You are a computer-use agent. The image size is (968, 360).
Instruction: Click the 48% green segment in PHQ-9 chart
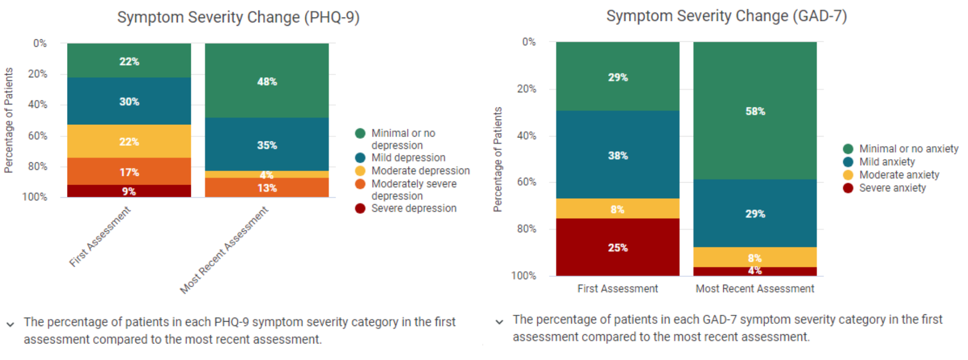click(x=267, y=81)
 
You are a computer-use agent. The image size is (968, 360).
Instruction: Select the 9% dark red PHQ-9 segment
click(x=129, y=191)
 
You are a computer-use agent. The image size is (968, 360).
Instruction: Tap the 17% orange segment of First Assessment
click(x=129, y=171)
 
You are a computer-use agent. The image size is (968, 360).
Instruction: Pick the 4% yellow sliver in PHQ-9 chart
click(x=267, y=174)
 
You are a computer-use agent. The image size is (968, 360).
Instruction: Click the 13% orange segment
click(x=267, y=188)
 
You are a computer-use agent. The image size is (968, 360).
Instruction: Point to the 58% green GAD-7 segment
click(x=755, y=111)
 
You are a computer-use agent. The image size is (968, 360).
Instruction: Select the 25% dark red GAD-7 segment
click(x=617, y=247)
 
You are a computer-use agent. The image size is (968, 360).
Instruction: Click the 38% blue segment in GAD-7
click(x=617, y=155)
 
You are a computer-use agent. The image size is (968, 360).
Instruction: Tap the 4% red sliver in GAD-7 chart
click(x=755, y=271)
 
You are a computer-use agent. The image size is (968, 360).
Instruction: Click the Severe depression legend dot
click(x=360, y=208)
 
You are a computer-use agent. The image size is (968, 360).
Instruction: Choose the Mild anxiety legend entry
click(x=886, y=162)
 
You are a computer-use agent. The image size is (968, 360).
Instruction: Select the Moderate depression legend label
click(x=420, y=171)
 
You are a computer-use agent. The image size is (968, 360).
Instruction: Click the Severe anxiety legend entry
click(x=892, y=188)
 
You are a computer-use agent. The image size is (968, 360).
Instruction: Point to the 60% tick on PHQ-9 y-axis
click(x=37, y=136)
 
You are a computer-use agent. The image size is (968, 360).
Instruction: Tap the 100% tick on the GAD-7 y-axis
click(x=523, y=275)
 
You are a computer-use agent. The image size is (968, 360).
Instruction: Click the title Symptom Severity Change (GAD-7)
click(x=726, y=16)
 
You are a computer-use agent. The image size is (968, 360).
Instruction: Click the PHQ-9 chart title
click(x=238, y=17)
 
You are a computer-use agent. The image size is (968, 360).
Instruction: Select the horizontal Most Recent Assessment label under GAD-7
click(x=754, y=289)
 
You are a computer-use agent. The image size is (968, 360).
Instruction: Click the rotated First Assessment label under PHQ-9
click(x=100, y=237)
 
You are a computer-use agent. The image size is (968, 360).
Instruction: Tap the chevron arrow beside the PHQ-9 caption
click(x=10, y=324)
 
